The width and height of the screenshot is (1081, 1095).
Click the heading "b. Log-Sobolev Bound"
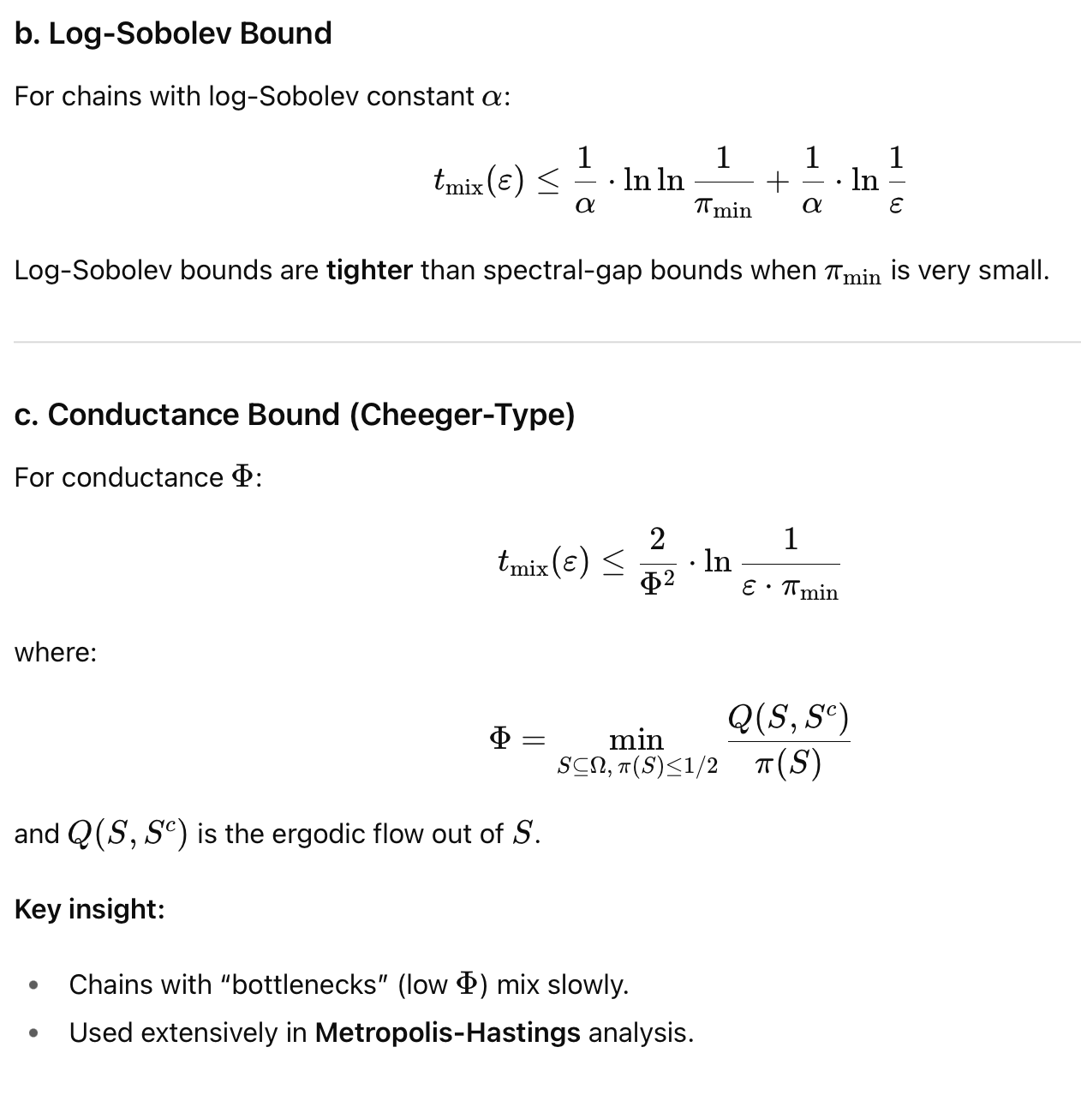pos(173,34)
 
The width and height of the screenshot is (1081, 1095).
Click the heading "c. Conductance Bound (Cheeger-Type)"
pos(294,416)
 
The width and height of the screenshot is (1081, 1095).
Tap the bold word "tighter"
pos(369,271)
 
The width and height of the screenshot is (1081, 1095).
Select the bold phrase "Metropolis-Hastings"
pos(447,1033)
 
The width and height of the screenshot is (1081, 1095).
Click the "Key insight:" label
pos(89,909)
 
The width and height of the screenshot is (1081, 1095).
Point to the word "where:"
pos(56,653)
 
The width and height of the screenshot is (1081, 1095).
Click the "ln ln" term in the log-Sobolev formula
pos(654,180)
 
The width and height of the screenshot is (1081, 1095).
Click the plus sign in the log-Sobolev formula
pos(776,181)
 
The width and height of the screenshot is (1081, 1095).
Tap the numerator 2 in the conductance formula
pos(657,540)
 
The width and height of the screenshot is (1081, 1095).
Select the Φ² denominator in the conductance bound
pos(657,583)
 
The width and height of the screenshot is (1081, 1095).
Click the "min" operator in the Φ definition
pos(636,739)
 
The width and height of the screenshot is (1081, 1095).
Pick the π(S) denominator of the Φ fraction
pos(788,763)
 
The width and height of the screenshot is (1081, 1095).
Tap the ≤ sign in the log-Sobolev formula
pos(547,181)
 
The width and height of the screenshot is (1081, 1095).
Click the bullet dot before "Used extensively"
pos(33,1033)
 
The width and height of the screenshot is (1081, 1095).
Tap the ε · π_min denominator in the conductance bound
pos(790,591)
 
